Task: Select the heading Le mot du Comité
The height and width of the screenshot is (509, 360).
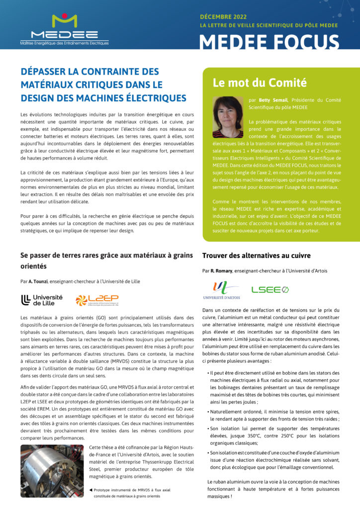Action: click(260, 83)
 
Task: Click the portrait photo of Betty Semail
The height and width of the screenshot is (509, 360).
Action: click(228, 117)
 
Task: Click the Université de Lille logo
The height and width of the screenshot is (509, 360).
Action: click(43, 300)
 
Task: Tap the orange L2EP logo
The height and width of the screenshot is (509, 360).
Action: click(97, 300)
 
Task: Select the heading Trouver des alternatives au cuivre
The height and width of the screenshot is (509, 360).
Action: click(256, 255)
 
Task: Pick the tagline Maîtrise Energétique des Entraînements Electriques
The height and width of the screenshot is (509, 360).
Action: click(64, 43)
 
